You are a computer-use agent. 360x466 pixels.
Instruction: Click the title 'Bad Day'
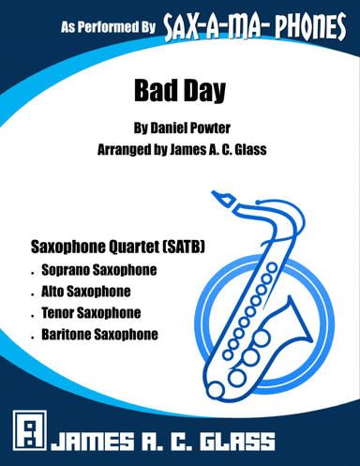point(179,93)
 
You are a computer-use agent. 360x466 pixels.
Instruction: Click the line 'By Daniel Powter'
point(179,128)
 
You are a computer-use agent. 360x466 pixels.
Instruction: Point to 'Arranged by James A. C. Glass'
point(179,148)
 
